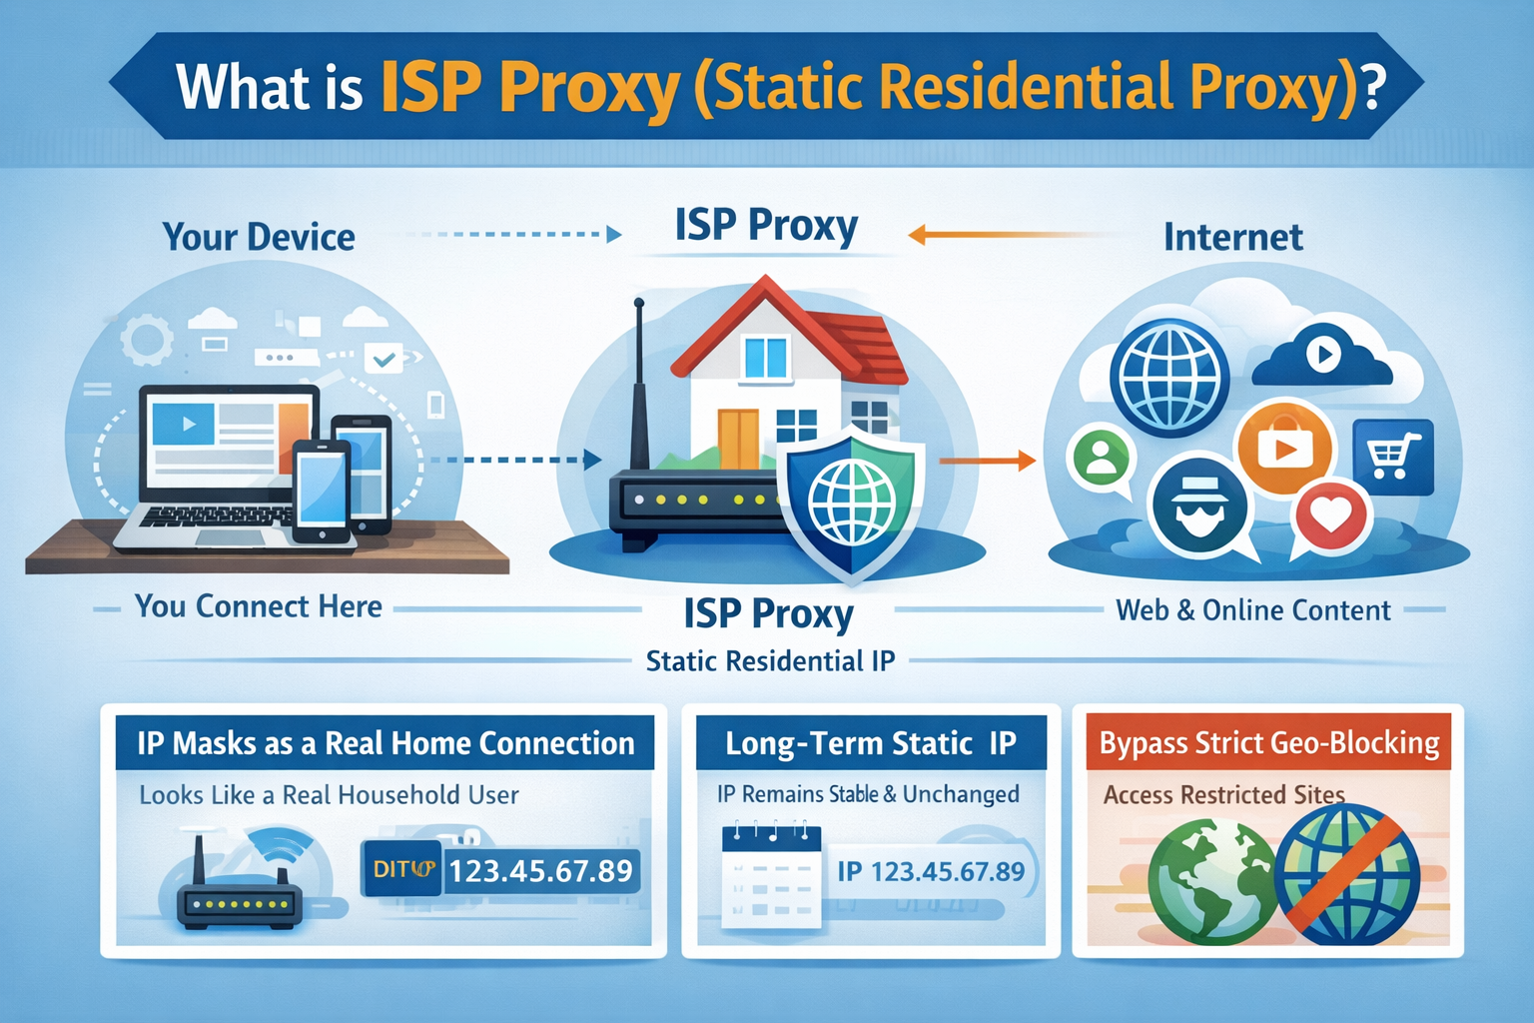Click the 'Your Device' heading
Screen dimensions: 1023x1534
pyautogui.click(x=259, y=238)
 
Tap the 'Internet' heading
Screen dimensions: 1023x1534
pyautogui.click(x=1232, y=238)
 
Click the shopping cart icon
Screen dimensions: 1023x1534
pyautogui.click(x=1392, y=457)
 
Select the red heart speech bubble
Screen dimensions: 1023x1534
pyautogui.click(x=1330, y=515)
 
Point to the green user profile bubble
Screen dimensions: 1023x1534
pyautogui.click(x=1101, y=458)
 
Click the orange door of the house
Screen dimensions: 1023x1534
pyautogui.click(x=738, y=438)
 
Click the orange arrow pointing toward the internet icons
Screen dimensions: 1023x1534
pyautogui.click(x=987, y=461)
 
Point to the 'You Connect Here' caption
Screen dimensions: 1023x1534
pyautogui.click(x=259, y=606)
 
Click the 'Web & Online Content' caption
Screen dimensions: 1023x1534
pyautogui.click(x=1252, y=610)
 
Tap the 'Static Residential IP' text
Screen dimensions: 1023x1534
pyautogui.click(x=770, y=661)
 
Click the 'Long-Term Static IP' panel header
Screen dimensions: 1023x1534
pyautogui.click(x=870, y=743)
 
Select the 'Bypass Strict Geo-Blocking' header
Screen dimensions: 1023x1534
pyautogui.click(x=1268, y=743)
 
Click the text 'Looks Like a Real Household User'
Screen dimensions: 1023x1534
pyautogui.click(x=329, y=795)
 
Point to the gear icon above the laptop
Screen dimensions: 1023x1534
pyautogui.click(x=147, y=340)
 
